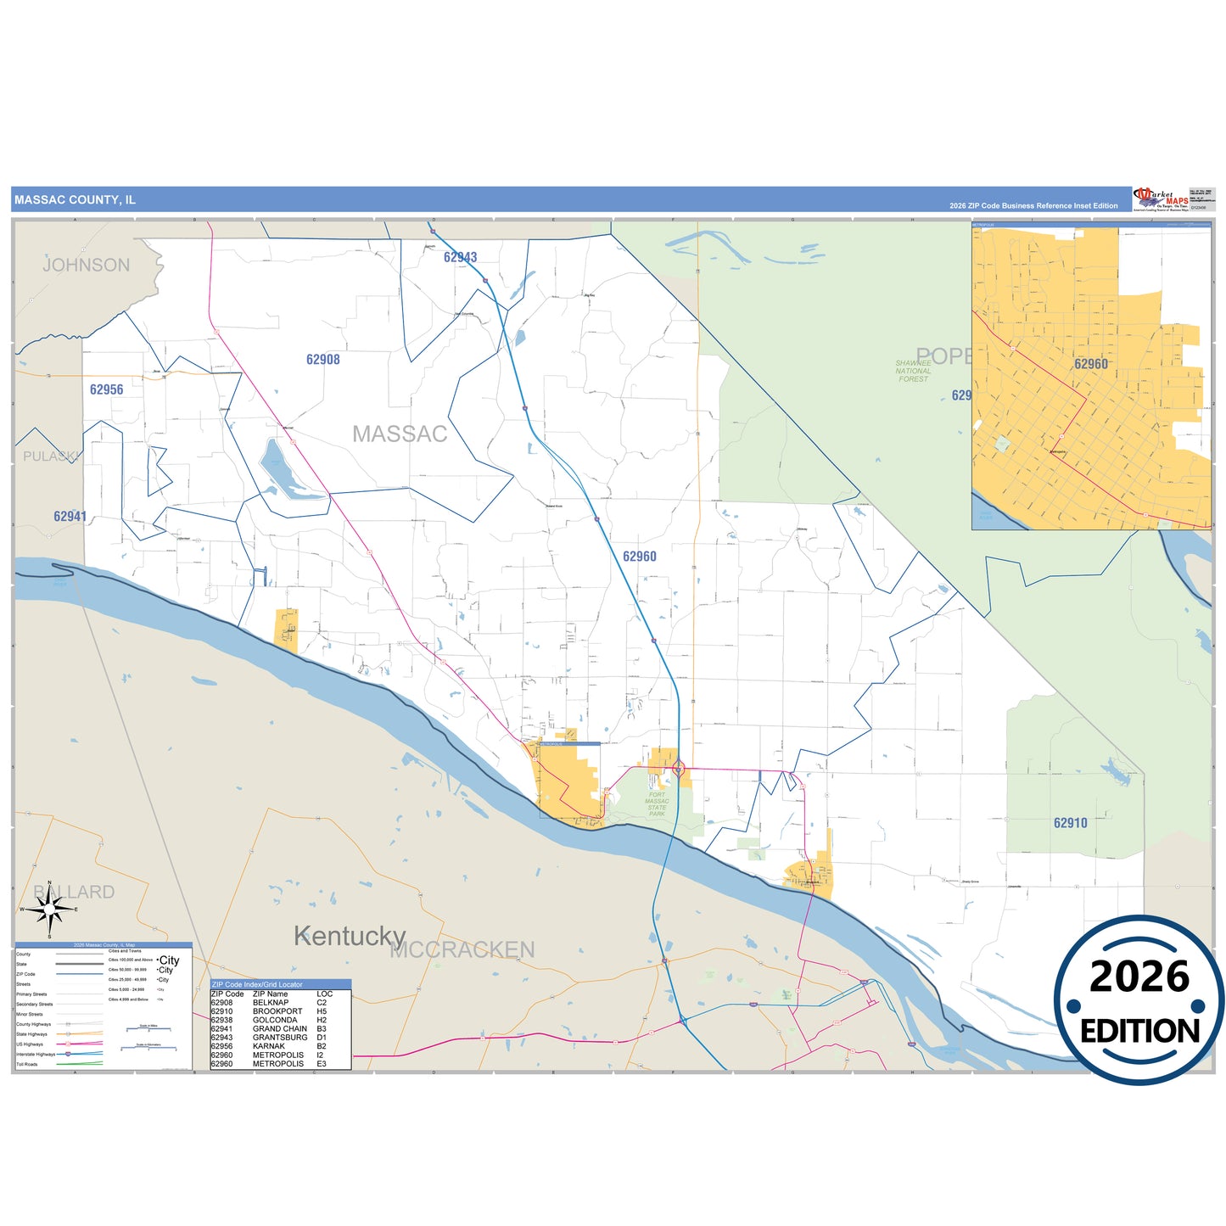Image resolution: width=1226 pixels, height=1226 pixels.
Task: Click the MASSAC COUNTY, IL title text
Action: point(75,200)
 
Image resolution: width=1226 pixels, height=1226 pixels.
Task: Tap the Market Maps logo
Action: point(1161,199)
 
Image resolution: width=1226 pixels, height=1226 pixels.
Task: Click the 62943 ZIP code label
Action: point(460,257)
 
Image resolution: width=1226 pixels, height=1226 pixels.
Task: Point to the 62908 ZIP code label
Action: point(323,360)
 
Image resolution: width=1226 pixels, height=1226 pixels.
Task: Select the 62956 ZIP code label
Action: point(107,389)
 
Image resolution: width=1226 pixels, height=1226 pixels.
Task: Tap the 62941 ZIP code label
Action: point(70,516)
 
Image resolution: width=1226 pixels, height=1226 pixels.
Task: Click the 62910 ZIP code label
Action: point(1070,823)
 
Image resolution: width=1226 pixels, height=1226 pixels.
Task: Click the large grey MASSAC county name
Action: point(400,434)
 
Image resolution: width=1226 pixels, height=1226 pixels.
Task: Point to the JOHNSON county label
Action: point(87,266)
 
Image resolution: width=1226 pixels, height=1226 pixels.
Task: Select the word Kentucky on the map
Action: point(350,937)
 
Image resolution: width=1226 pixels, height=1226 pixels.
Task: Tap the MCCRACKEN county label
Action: point(462,950)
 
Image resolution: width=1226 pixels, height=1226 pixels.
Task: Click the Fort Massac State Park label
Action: point(657,804)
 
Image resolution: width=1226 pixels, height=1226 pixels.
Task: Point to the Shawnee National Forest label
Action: point(913,371)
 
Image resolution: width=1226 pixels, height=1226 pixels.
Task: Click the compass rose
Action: point(50,910)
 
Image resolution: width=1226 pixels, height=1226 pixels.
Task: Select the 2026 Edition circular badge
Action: point(1139,1001)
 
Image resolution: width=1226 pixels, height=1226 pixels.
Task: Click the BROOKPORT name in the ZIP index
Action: point(277,1011)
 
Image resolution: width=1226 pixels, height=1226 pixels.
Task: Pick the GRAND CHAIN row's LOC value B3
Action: point(322,1029)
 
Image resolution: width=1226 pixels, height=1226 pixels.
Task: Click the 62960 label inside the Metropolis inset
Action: point(1090,364)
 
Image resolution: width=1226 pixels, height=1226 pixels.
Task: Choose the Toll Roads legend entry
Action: point(27,1064)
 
